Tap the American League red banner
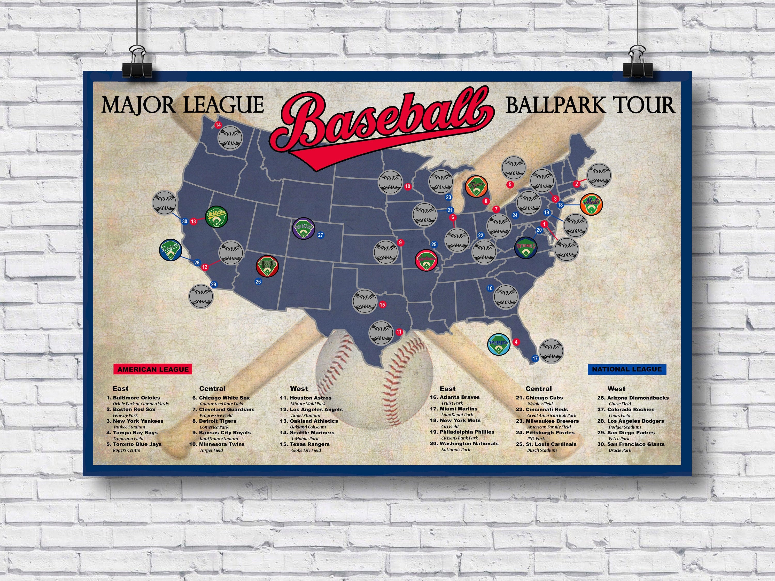point(153,369)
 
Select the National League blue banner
point(626,369)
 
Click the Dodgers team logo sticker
point(171,250)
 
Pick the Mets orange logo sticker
point(591,205)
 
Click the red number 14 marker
point(218,125)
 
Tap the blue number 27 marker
point(321,235)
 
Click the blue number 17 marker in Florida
point(535,358)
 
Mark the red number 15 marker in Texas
point(382,304)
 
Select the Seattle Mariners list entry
point(312,433)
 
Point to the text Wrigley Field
point(540,403)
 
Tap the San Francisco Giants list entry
point(636,444)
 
